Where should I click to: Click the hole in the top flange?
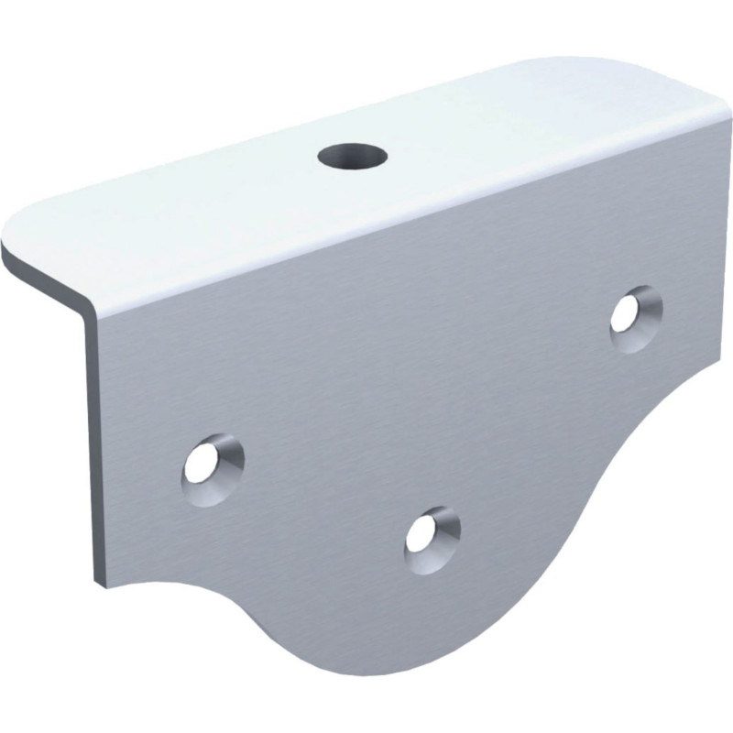coord(352,155)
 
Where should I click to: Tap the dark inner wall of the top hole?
coord(352,149)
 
